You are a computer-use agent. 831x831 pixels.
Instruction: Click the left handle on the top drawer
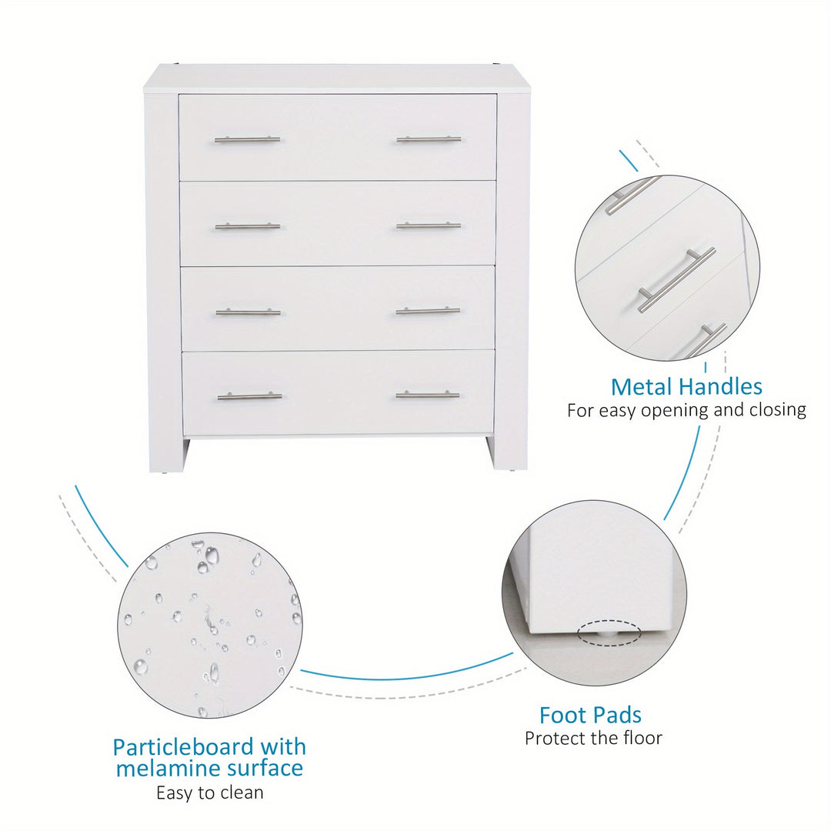[x=247, y=140]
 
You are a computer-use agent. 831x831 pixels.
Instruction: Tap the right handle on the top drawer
[x=429, y=139]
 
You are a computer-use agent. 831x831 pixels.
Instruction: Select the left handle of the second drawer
[x=248, y=226]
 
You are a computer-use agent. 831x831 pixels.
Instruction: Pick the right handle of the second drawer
[x=429, y=225]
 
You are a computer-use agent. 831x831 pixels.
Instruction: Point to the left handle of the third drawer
[x=248, y=312]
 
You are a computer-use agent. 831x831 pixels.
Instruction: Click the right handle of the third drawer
[x=428, y=311]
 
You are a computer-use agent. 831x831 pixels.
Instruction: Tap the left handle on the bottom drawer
[x=249, y=396]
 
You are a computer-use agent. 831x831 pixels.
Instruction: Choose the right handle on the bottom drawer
[x=427, y=395]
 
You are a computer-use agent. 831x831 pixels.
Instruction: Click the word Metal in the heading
[x=641, y=387]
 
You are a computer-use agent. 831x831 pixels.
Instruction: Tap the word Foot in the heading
[x=561, y=716]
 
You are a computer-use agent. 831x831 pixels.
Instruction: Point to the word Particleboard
[x=183, y=748]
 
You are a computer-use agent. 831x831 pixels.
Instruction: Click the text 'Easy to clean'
[x=210, y=793]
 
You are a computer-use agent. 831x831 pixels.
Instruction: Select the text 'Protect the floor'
[x=593, y=738]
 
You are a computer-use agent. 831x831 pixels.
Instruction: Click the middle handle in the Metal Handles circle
[x=676, y=279]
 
